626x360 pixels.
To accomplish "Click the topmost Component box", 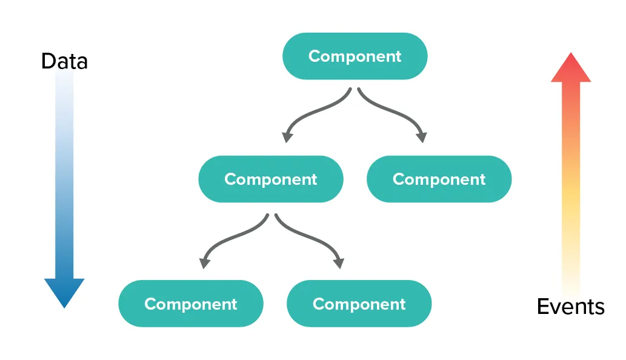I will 355,56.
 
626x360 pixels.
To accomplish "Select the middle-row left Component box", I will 270,179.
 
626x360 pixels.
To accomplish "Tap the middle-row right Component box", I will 439,179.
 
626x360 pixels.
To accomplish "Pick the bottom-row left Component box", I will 190,304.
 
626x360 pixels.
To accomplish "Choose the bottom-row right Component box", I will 359,304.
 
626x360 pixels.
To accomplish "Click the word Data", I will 64,61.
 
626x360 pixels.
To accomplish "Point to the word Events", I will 570,307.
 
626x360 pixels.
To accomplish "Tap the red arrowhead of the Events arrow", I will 570,68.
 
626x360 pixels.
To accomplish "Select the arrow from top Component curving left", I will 315,115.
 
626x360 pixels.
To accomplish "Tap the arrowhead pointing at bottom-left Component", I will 205,262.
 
